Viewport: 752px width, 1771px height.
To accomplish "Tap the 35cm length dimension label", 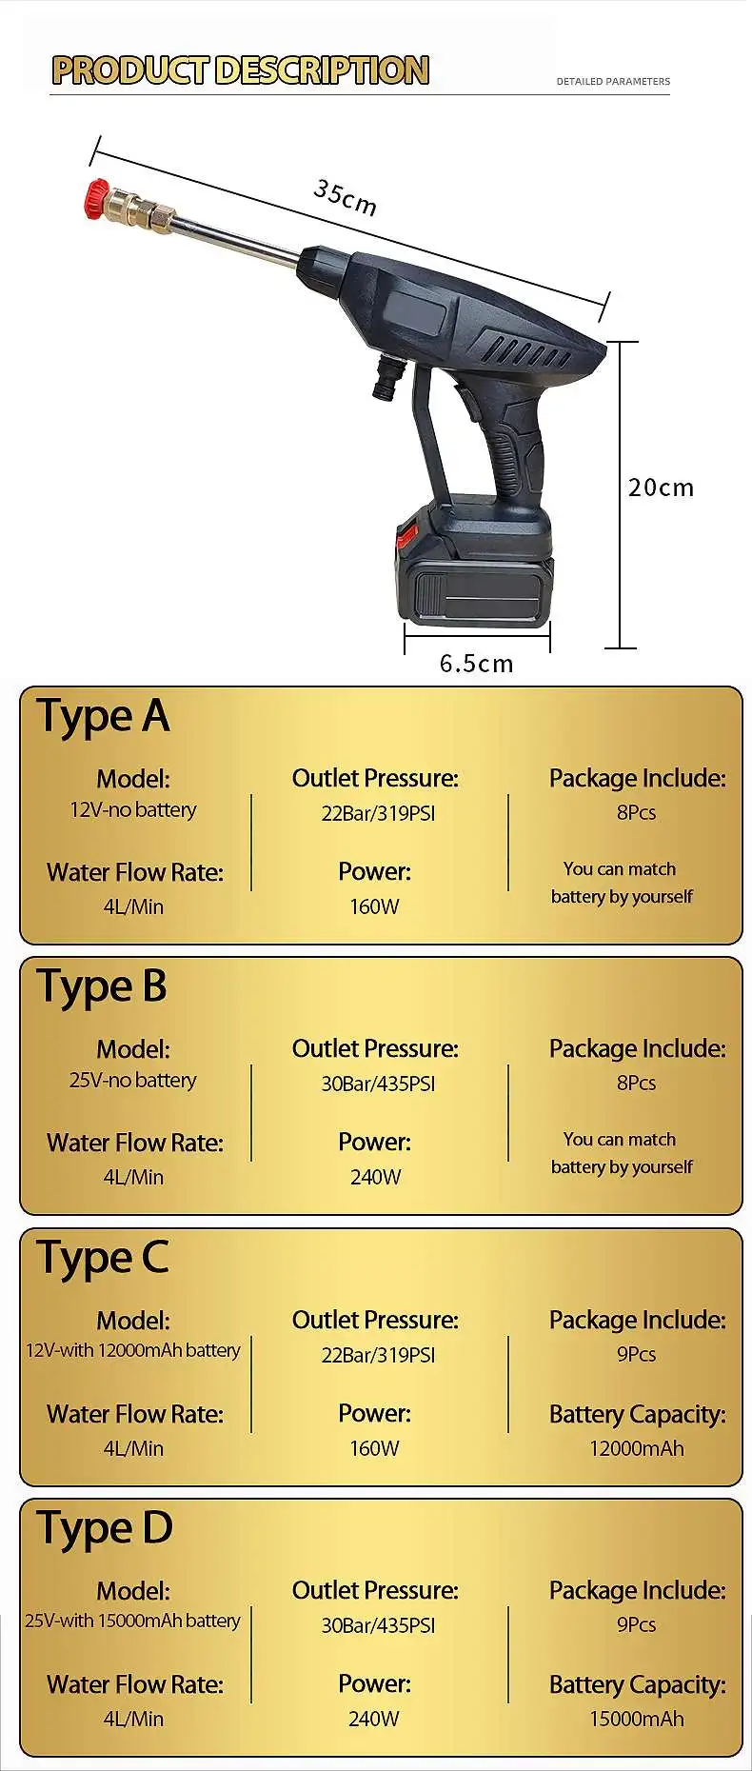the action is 345,198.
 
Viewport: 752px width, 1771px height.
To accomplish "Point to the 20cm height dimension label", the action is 661,488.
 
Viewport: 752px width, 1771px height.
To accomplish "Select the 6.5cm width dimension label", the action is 476,664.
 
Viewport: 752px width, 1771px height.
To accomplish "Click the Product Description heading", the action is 241,70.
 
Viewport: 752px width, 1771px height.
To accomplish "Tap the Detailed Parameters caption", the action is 613,82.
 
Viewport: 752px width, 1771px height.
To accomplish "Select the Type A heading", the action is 103,716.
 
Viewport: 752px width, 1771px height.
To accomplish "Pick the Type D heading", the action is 105,1528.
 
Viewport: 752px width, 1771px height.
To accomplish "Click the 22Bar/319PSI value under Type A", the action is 378,813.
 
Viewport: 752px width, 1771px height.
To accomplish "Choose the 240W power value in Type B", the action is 375,1177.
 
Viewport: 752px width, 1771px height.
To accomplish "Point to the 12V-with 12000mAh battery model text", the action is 133,1350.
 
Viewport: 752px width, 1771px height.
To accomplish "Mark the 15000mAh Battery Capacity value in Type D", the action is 636,1719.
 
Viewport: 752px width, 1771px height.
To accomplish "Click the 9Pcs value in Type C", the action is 636,1354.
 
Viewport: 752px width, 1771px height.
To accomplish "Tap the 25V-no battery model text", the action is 133,1080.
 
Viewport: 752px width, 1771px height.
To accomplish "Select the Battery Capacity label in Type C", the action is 637,1414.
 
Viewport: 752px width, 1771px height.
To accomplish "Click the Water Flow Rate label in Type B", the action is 135,1143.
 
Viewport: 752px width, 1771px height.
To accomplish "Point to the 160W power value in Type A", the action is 374,906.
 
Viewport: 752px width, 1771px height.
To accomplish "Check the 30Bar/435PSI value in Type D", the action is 378,1625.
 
